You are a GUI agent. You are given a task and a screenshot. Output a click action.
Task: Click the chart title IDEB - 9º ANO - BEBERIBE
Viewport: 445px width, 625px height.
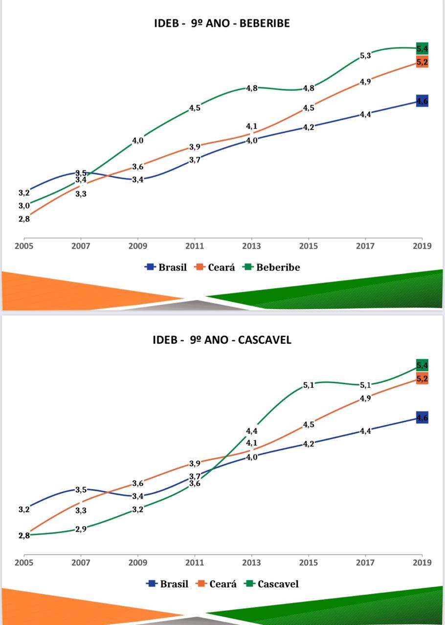pyautogui.click(x=222, y=23)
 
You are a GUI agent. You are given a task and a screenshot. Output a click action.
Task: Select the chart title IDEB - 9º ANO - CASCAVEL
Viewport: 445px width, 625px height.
pyautogui.click(x=222, y=340)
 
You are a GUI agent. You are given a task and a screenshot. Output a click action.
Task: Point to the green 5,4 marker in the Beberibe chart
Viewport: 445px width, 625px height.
pyautogui.click(x=422, y=49)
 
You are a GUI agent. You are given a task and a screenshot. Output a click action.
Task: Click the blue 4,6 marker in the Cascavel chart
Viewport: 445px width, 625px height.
pyautogui.click(x=422, y=417)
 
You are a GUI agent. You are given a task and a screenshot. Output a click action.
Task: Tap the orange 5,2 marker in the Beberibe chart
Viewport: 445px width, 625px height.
pyautogui.click(x=422, y=62)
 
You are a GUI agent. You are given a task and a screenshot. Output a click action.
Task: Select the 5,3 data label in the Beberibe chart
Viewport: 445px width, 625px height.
pyautogui.click(x=365, y=56)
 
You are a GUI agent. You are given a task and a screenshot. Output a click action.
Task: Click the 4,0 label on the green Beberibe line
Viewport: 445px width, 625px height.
pyautogui.click(x=138, y=141)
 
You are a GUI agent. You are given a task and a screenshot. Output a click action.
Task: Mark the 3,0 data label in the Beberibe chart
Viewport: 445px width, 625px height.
pyautogui.click(x=24, y=206)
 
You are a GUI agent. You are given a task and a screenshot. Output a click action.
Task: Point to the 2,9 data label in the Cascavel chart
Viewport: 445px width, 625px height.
pyautogui.click(x=81, y=529)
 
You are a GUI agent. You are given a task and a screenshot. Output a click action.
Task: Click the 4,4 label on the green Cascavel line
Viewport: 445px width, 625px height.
pyautogui.click(x=252, y=431)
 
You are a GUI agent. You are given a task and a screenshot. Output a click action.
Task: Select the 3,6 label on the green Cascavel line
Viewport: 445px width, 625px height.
pyautogui.click(x=195, y=484)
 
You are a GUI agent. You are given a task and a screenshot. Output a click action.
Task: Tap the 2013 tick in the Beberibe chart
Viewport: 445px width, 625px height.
pyautogui.click(x=251, y=246)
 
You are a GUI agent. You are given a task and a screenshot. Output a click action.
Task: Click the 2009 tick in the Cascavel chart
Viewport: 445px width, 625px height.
pyautogui.click(x=138, y=562)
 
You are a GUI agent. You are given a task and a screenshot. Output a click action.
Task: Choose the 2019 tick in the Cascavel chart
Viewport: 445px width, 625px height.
pyautogui.click(x=422, y=562)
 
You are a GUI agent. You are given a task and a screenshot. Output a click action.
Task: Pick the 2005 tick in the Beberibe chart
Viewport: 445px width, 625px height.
pyautogui.click(x=24, y=246)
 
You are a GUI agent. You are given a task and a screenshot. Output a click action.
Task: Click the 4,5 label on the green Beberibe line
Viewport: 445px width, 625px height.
pyautogui.click(x=195, y=108)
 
